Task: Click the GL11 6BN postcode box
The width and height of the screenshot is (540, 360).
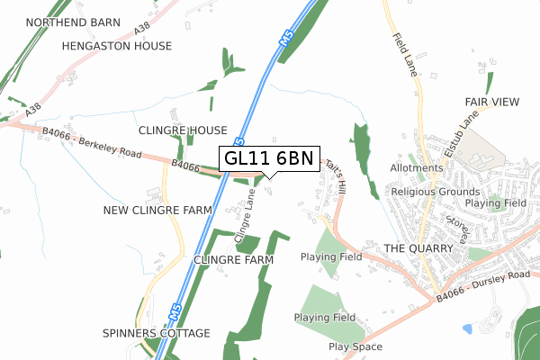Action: tap(268, 158)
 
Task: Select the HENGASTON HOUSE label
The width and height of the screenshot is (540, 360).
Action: tap(116, 45)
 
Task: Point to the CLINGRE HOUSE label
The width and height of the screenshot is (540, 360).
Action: tap(183, 130)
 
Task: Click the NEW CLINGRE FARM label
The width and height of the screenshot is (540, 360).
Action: tap(157, 210)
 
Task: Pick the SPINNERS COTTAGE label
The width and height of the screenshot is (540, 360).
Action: tap(156, 333)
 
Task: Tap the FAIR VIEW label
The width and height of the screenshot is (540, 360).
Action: tap(492, 103)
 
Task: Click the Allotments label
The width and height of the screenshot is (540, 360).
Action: tap(417, 168)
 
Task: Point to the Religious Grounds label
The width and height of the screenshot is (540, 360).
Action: tap(433, 191)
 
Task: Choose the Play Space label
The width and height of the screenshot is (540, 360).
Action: tap(355, 346)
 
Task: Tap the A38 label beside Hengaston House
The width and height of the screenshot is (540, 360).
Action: tap(142, 31)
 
